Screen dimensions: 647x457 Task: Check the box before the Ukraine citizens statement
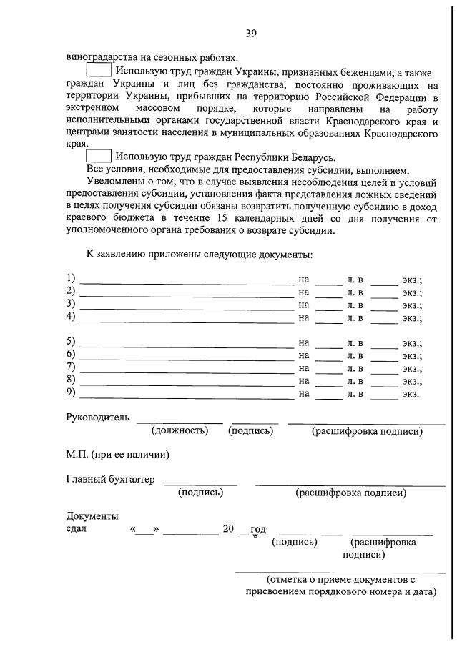[99, 71]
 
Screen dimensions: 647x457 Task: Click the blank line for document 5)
[186, 342]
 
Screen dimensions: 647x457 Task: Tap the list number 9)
[71, 392]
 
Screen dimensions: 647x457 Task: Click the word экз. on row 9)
[410, 393]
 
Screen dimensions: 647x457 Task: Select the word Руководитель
[97, 417]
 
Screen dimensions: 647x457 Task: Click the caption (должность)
[180, 430]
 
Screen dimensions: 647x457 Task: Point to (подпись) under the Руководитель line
[250, 430]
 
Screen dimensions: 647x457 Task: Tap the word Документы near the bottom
[92, 515]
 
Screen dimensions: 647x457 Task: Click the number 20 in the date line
[228, 529]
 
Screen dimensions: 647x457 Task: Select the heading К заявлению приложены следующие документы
[199, 254]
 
